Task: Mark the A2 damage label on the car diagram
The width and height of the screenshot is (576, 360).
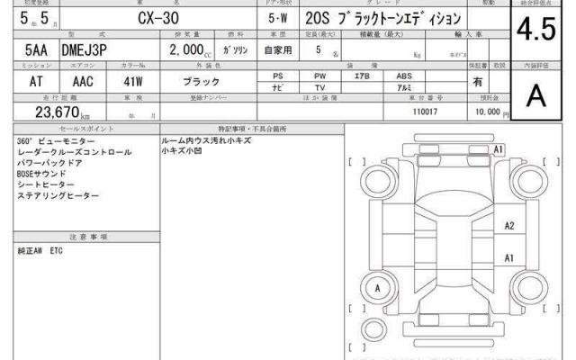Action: [x=509, y=226]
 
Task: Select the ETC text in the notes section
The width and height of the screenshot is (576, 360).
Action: [x=56, y=249]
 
